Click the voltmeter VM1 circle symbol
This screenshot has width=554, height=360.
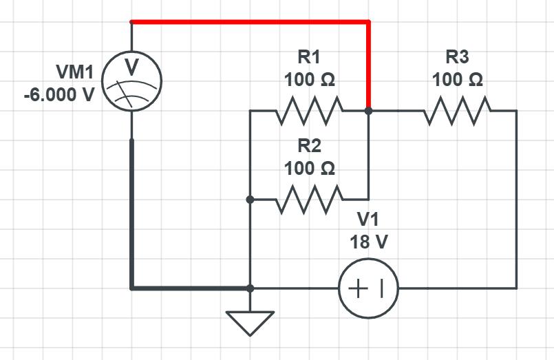[x=131, y=82]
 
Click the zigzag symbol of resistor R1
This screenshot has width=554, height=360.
[x=309, y=110]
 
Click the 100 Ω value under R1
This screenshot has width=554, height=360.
[x=309, y=79]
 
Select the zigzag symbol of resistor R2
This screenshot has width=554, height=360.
[x=309, y=200]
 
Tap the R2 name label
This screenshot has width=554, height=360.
[x=309, y=145]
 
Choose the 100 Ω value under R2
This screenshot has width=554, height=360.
[x=309, y=168]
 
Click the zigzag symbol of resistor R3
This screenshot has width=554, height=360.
[x=458, y=110]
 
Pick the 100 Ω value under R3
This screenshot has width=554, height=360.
[x=458, y=79]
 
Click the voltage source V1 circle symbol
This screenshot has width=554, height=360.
[x=368, y=288]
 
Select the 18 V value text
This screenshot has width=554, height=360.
[x=368, y=242]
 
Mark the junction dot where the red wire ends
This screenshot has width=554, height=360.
[x=369, y=110]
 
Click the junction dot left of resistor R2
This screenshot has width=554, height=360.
[x=251, y=200]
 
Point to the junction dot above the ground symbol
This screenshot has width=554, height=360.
[x=251, y=288]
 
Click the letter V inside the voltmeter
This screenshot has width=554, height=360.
[x=131, y=67]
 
